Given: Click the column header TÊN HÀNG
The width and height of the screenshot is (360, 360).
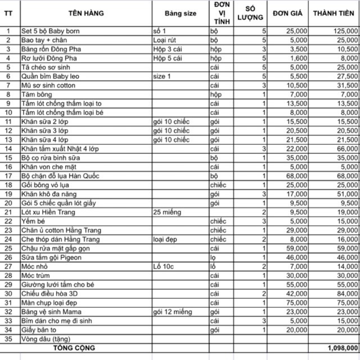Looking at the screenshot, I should tap(84, 13).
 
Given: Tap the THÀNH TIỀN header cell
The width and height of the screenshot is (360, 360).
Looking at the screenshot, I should tap(335, 13).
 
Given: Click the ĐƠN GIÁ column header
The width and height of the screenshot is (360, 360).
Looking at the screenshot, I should tap(289, 13).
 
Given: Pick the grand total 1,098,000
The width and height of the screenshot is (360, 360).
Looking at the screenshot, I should tap(342, 347).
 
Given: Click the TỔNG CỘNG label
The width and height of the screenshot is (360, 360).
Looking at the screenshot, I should tap(85, 347).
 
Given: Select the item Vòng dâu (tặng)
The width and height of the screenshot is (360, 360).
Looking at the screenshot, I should tap(44, 338).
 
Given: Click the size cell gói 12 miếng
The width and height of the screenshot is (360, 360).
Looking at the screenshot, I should tap(172, 311).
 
